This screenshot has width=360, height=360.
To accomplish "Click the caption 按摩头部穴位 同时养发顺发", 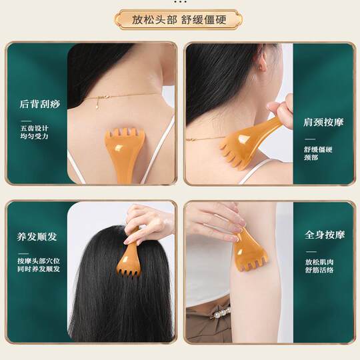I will [39, 264].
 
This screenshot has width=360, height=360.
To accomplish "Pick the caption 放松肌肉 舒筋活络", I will [319, 265].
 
